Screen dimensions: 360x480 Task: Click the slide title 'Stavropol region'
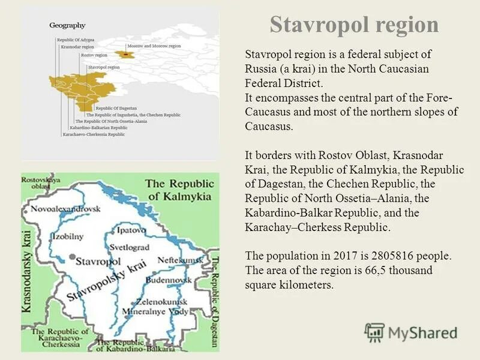354,25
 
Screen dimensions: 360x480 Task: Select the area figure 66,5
376,271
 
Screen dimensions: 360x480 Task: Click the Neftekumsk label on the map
178,260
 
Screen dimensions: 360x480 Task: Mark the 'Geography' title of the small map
67,25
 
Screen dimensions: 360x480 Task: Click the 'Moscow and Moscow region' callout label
154,46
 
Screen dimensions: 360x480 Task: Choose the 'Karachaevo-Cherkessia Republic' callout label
97,135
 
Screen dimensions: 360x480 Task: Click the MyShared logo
412,332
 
